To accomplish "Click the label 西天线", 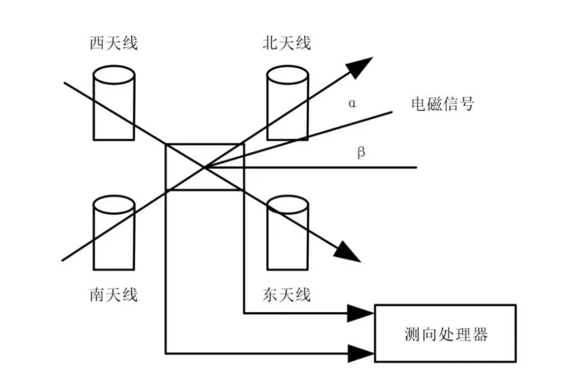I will [113, 43].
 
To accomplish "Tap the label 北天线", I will [287, 43].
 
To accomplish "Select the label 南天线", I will [113, 294].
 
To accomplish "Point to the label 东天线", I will [287, 294].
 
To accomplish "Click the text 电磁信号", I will [442, 103].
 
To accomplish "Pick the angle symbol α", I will [352, 103].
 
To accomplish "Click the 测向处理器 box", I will [445, 333].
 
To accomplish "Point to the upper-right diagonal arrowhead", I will [361, 65].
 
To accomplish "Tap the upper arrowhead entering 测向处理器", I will [361, 313].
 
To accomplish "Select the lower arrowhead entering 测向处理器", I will [361, 353].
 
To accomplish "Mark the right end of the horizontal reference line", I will [415, 168].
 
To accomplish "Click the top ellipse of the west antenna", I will [113, 74].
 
